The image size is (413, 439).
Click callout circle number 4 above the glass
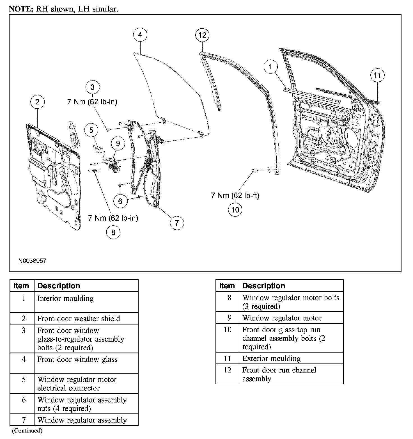140,35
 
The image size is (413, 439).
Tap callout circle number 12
202,35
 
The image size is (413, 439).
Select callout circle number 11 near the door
377,75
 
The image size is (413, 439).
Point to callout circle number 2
37,102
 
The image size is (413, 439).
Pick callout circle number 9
118,143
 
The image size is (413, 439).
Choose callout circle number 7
177,223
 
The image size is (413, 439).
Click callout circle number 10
235,209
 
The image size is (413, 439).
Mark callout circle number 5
91,130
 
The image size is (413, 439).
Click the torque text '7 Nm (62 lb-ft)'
235,195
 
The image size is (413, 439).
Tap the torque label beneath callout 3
92,102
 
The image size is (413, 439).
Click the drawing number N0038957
32,261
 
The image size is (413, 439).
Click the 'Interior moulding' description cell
65,298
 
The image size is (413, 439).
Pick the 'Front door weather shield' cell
79,319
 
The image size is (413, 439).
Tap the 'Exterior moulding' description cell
271,358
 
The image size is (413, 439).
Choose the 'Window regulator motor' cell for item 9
282,318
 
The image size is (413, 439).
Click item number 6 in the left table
24,400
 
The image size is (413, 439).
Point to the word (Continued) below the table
27,431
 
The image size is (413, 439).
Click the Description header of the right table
264,286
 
